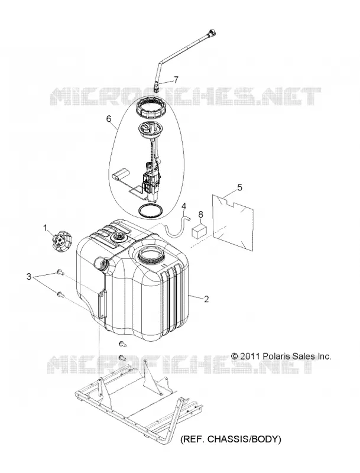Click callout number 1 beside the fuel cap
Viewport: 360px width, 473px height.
[x=46, y=228]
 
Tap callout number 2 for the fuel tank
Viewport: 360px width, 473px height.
[x=206, y=299]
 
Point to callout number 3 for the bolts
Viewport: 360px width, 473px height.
[x=29, y=276]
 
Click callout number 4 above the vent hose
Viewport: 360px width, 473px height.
[x=184, y=206]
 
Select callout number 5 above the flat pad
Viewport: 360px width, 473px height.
[x=239, y=187]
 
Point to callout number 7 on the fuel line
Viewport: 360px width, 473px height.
[x=176, y=80]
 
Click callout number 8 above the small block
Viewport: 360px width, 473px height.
[x=201, y=214]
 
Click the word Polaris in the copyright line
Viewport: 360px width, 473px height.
[x=274, y=356]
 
